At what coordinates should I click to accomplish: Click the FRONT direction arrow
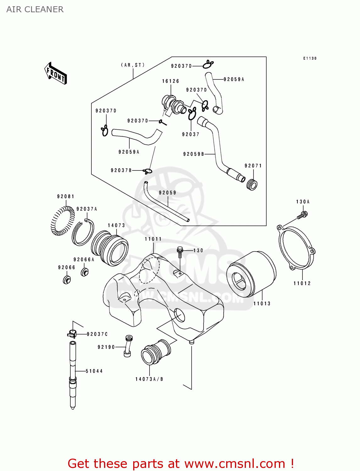[x=56, y=73]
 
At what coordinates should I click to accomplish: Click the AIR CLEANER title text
[x=35, y=9]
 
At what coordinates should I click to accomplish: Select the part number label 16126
[x=171, y=81]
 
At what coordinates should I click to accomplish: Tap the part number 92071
[x=253, y=165]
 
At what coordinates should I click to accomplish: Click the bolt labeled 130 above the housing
[x=180, y=252]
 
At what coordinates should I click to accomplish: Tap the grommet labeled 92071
[x=252, y=185]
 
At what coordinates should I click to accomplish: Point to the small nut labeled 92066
[x=67, y=279]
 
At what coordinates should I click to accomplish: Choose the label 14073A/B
[x=149, y=379]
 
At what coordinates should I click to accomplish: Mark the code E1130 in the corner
[x=310, y=58]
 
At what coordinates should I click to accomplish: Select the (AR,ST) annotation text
[x=133, y=65]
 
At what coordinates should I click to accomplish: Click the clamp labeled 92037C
[x=72, y=333]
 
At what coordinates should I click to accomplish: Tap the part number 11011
[x=153, y=239]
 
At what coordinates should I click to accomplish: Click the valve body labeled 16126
[x=173, y=104]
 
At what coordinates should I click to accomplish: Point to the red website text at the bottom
[x=181, y=463]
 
